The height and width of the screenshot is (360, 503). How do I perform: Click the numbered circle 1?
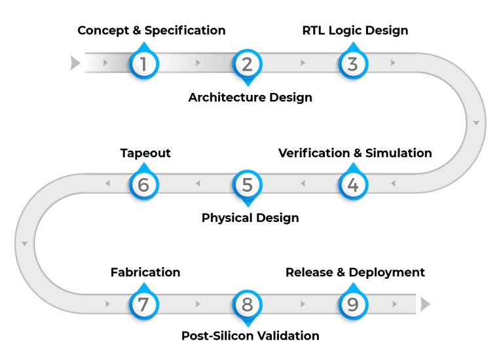point(143,64)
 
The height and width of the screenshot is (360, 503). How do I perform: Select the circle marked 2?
point(247,64)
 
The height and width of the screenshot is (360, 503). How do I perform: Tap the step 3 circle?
point(353,64)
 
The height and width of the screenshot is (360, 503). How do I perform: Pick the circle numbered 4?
point(353,185)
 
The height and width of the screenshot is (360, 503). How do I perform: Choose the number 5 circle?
point(247,185)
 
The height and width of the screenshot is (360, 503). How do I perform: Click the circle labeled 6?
point(143,185)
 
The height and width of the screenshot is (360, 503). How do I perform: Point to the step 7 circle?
point(143,304)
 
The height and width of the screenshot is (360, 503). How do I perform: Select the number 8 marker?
point(247,304)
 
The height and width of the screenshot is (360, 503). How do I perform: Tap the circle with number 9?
point(353,304)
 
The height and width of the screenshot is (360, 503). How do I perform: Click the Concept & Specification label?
point(151,31)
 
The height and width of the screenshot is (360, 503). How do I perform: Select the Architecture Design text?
point(250,98)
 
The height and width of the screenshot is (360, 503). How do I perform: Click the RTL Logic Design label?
point(355,31)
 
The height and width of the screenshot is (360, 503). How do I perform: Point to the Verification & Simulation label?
point(355,153)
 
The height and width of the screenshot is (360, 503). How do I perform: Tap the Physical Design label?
point(250,218)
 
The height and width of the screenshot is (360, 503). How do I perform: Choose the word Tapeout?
point(145,153)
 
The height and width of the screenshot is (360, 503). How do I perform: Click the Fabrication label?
point(145,272)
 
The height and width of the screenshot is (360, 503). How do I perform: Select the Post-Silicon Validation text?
point(250,336)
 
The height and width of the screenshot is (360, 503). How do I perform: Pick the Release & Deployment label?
point(355,272)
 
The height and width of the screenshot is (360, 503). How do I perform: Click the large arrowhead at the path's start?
point(75,63)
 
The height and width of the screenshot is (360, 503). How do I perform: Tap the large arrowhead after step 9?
point(425,304)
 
